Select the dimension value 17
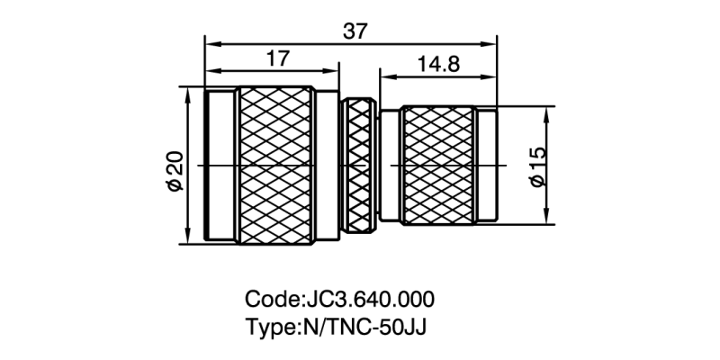(x=278, y=58)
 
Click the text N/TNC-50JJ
(x=360, y=326)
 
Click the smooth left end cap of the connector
(x=220, y=166)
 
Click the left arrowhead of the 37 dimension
(x=211, y=41)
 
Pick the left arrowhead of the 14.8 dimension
(x=385, y=76)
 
